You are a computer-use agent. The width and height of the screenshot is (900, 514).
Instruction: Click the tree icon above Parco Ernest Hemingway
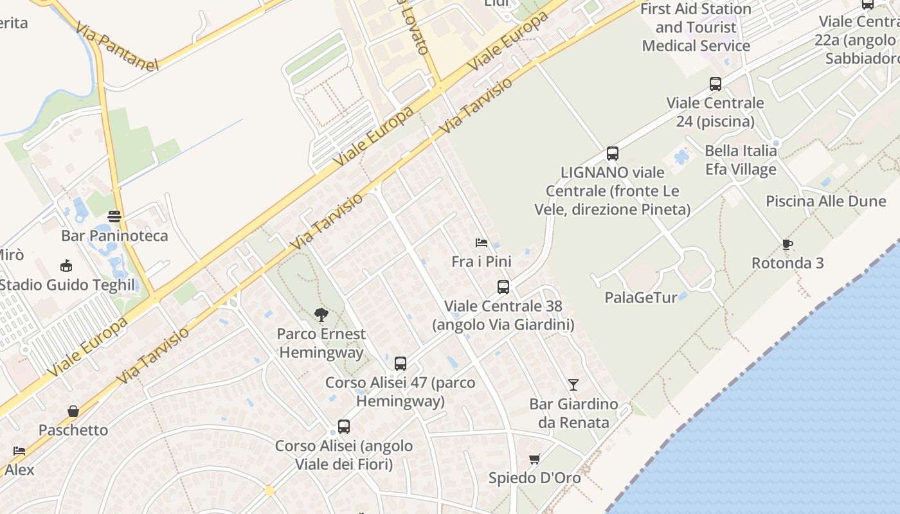tap(321, 315)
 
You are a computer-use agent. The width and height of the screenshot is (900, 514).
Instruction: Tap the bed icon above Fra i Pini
tap(481, 243)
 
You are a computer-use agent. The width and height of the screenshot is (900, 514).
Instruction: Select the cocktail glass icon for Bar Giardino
tap(573, 385)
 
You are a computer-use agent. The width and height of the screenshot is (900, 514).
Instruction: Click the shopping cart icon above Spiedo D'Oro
tap(534, 459)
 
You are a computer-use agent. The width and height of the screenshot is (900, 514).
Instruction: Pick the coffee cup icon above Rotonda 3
tap(787, 244)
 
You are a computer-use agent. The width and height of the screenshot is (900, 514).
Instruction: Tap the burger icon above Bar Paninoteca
tap(114, 217)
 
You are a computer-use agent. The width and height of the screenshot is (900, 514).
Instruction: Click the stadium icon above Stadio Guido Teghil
tap(66, 265)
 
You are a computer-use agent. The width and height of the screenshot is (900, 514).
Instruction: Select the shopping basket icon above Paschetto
tap(73, 411)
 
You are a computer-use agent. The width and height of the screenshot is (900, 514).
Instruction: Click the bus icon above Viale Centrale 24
tap(715, 84)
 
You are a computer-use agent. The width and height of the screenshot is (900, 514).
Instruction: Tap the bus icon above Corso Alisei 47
tap(401, 364)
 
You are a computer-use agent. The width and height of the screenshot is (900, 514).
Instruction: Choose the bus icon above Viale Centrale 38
tap(503, 287)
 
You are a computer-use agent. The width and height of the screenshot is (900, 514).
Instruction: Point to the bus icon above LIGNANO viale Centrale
tap(612, 154)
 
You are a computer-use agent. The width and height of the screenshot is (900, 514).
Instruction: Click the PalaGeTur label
tap(640, 297)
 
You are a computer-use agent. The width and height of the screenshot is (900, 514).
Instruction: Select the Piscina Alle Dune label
tap(825, 201)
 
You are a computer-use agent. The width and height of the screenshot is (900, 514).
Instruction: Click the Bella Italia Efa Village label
tap(741, 160)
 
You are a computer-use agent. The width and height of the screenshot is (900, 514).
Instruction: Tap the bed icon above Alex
tap(19, 451)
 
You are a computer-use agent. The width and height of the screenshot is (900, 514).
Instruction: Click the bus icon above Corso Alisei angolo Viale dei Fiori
tap(344, 427)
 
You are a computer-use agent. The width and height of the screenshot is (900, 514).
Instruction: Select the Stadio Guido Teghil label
tap(67, 285)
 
